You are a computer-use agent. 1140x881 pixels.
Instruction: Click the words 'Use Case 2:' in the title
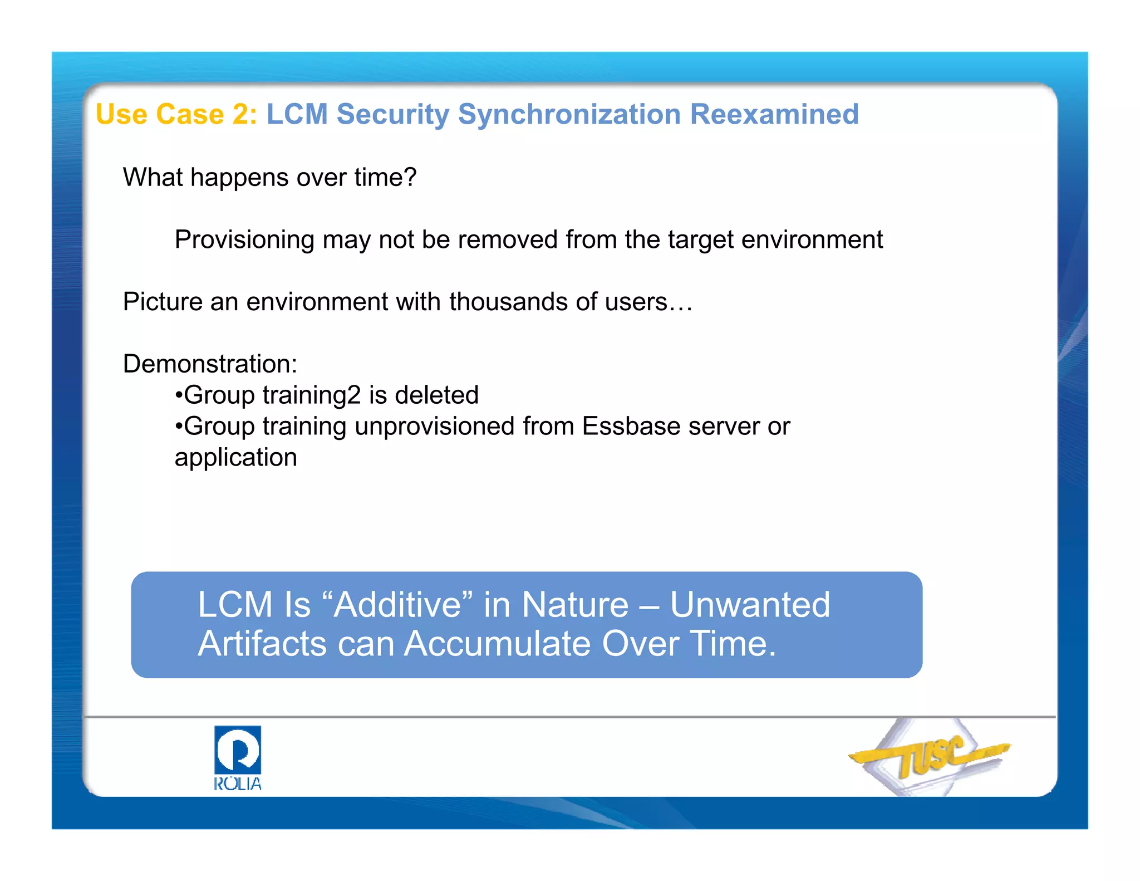coord(176,114)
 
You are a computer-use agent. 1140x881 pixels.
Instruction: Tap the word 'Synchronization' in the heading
coord(569,114)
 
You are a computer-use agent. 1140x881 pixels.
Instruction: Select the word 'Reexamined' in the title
coord(774,114)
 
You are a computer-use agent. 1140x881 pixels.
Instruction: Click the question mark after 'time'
coord(410,177)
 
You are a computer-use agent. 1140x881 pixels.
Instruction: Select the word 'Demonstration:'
coord(210,364)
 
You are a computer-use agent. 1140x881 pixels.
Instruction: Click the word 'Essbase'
coord(631,427)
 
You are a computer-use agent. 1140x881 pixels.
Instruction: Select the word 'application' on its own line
coord(235,458)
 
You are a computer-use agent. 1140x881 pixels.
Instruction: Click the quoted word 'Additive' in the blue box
coord(397,605)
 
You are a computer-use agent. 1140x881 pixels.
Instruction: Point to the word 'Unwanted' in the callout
coord(749,605)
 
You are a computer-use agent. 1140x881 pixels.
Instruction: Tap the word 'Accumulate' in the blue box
coord(497,644)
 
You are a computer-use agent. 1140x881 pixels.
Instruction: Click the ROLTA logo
coord(238,757)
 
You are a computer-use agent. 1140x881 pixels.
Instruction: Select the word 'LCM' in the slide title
coord(297,114)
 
